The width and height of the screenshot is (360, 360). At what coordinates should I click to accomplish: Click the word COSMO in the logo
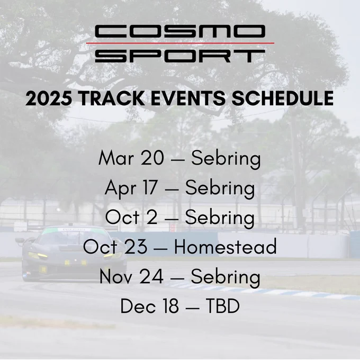coord(180,31)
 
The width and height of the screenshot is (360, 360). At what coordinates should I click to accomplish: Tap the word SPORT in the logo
coord(180,56)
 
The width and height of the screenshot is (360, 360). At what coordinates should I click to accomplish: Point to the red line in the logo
coord(180,43)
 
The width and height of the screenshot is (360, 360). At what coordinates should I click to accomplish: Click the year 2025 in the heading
coord(49,98)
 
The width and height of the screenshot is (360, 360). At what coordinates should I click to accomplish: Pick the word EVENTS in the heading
coord(187,98)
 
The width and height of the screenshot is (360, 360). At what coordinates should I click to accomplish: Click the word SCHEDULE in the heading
coord(282,98)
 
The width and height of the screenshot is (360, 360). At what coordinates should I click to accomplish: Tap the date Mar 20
coord(131,158)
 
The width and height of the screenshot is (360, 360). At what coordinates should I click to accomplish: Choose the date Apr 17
coord(131,188)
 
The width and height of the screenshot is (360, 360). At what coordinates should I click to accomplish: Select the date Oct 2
coord(131,217)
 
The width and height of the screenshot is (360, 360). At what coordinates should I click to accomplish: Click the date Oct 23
coord(115,247)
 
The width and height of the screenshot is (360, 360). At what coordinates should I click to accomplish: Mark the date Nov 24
coord(131,276)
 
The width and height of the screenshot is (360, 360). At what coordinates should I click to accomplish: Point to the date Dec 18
coord(149,306)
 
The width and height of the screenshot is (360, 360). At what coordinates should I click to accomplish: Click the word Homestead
coord(226,247)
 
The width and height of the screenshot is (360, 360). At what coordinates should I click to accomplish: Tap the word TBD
coord(223,306)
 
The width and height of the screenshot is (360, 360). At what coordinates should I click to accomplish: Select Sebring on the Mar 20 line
coord(226,159)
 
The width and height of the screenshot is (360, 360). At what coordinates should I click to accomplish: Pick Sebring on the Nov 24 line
coord(226,277)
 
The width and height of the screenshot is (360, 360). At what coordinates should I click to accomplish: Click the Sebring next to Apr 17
coord(220,189)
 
